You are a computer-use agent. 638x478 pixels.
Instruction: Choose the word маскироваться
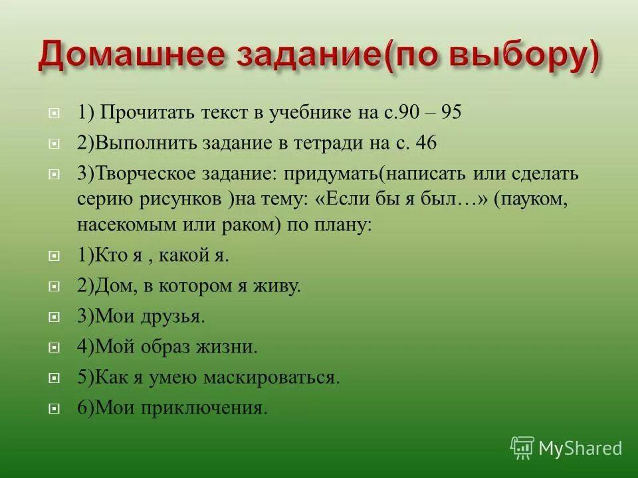coord(279,378)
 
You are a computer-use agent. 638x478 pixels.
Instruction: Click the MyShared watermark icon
coord(522,447)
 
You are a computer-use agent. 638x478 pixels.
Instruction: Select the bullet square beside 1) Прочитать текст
coord(54,114)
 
